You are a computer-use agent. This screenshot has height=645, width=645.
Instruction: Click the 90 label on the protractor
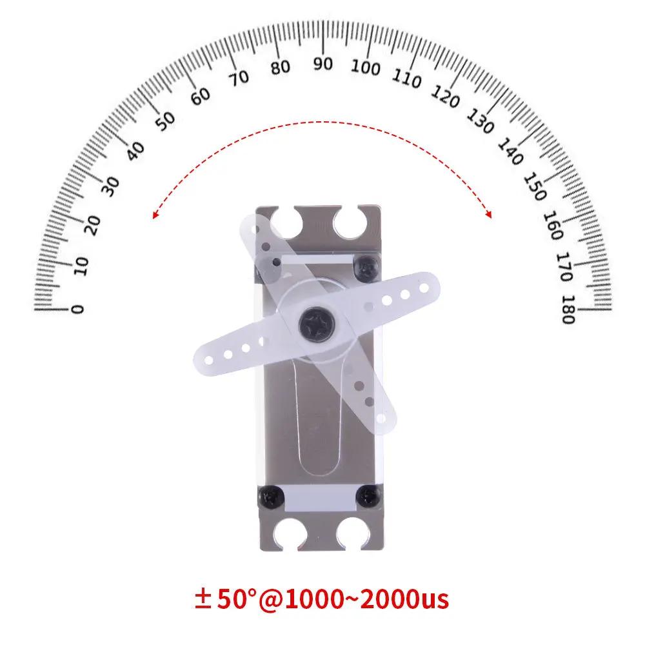[322, 63]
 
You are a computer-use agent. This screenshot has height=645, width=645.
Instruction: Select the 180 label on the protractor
[568, 310]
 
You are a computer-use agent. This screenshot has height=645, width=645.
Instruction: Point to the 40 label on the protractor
[135, 151]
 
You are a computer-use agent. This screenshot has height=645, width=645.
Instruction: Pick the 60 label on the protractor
[201, 95]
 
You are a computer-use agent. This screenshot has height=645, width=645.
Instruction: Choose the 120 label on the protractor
[445, 96]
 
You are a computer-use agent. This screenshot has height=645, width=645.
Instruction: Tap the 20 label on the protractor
[94, 224]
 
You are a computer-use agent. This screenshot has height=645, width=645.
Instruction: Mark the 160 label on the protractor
[553, 226]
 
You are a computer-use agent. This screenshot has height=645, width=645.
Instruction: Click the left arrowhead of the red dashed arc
[155, 217]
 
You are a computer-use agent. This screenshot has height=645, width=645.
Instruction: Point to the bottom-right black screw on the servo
[370, 496]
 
